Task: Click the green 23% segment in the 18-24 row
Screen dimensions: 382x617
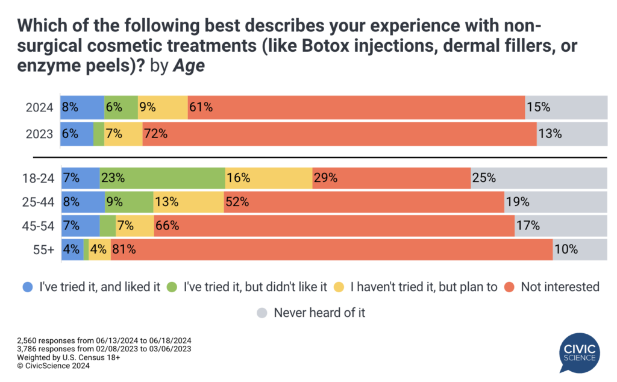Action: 162,178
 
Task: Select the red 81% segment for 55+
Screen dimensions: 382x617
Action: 331,249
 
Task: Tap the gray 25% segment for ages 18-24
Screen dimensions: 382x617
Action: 538,178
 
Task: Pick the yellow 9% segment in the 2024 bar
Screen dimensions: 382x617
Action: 162,108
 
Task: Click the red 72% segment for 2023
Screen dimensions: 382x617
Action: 339,134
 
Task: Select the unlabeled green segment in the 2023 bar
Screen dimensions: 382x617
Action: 99,134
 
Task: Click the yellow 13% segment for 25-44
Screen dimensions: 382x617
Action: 188,202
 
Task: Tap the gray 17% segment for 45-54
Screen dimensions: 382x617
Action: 560,226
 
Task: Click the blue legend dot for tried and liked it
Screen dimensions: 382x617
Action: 26,287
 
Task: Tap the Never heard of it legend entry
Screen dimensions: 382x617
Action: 319,313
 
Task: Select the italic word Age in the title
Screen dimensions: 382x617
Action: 189,66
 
